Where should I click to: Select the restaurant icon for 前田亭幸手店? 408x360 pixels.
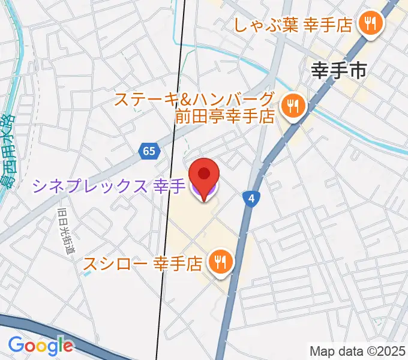293,107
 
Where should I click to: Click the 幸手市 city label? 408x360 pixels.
340,71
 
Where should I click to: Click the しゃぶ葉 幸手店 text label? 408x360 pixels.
293,25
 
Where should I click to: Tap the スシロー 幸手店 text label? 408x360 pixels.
142,263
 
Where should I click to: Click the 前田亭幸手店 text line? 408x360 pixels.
224,115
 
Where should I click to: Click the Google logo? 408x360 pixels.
40,345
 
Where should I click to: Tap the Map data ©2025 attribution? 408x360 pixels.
358,350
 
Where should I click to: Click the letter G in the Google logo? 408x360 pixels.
16,344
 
